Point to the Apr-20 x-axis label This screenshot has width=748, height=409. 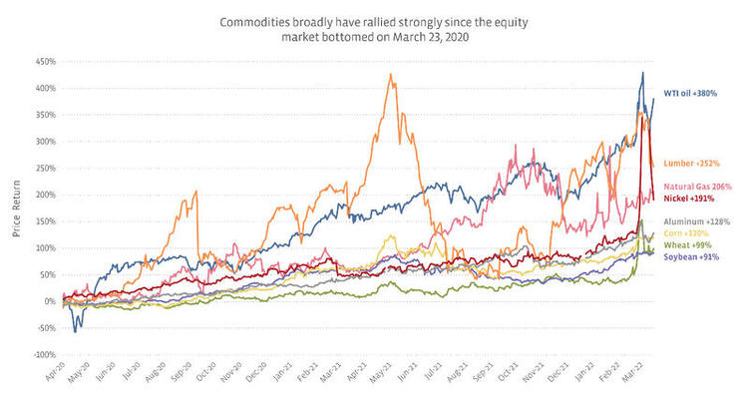[x=46, y=378]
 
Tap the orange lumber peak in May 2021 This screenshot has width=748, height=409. [x=392, y=74]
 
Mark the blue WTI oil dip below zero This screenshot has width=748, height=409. [x=77, y=330]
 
